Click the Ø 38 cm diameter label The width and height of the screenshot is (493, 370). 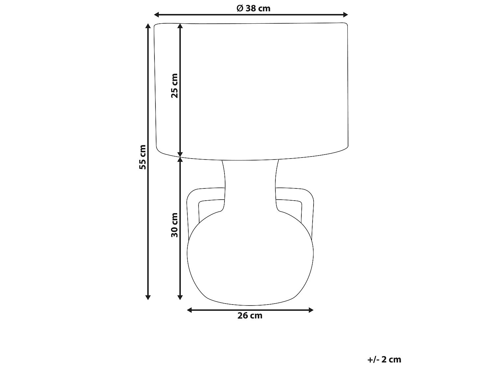pos(253,8)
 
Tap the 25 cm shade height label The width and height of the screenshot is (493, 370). pos(175,86)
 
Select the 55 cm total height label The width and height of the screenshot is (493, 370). pos(143,157)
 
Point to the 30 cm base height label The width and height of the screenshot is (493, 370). pos(175,225)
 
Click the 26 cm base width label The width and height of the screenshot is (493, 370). pos(250,316)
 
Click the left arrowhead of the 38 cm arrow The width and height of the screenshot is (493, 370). pos(156,15)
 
